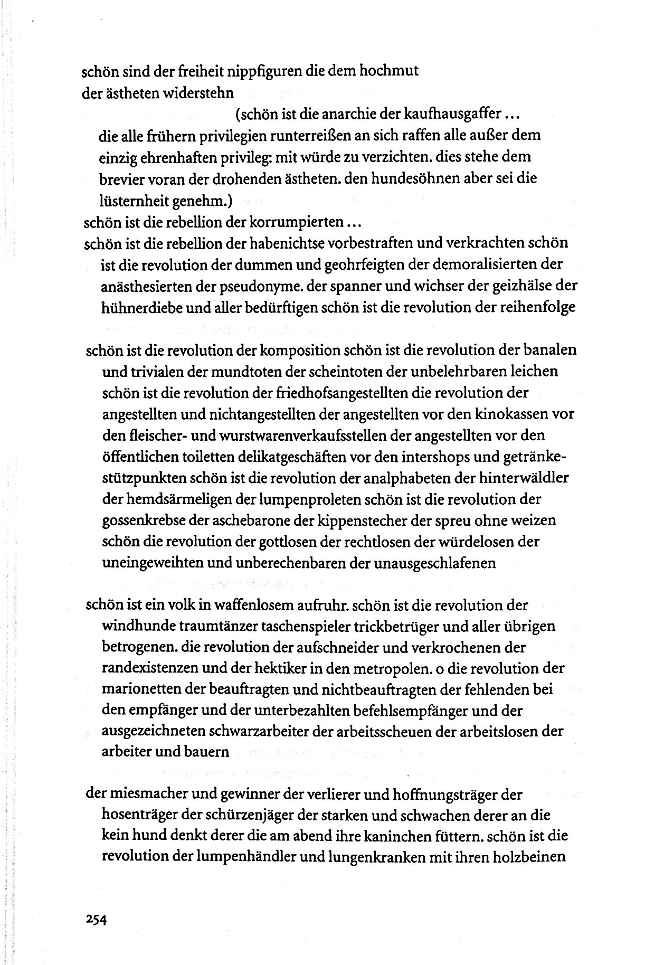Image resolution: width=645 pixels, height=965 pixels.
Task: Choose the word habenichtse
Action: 278,243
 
